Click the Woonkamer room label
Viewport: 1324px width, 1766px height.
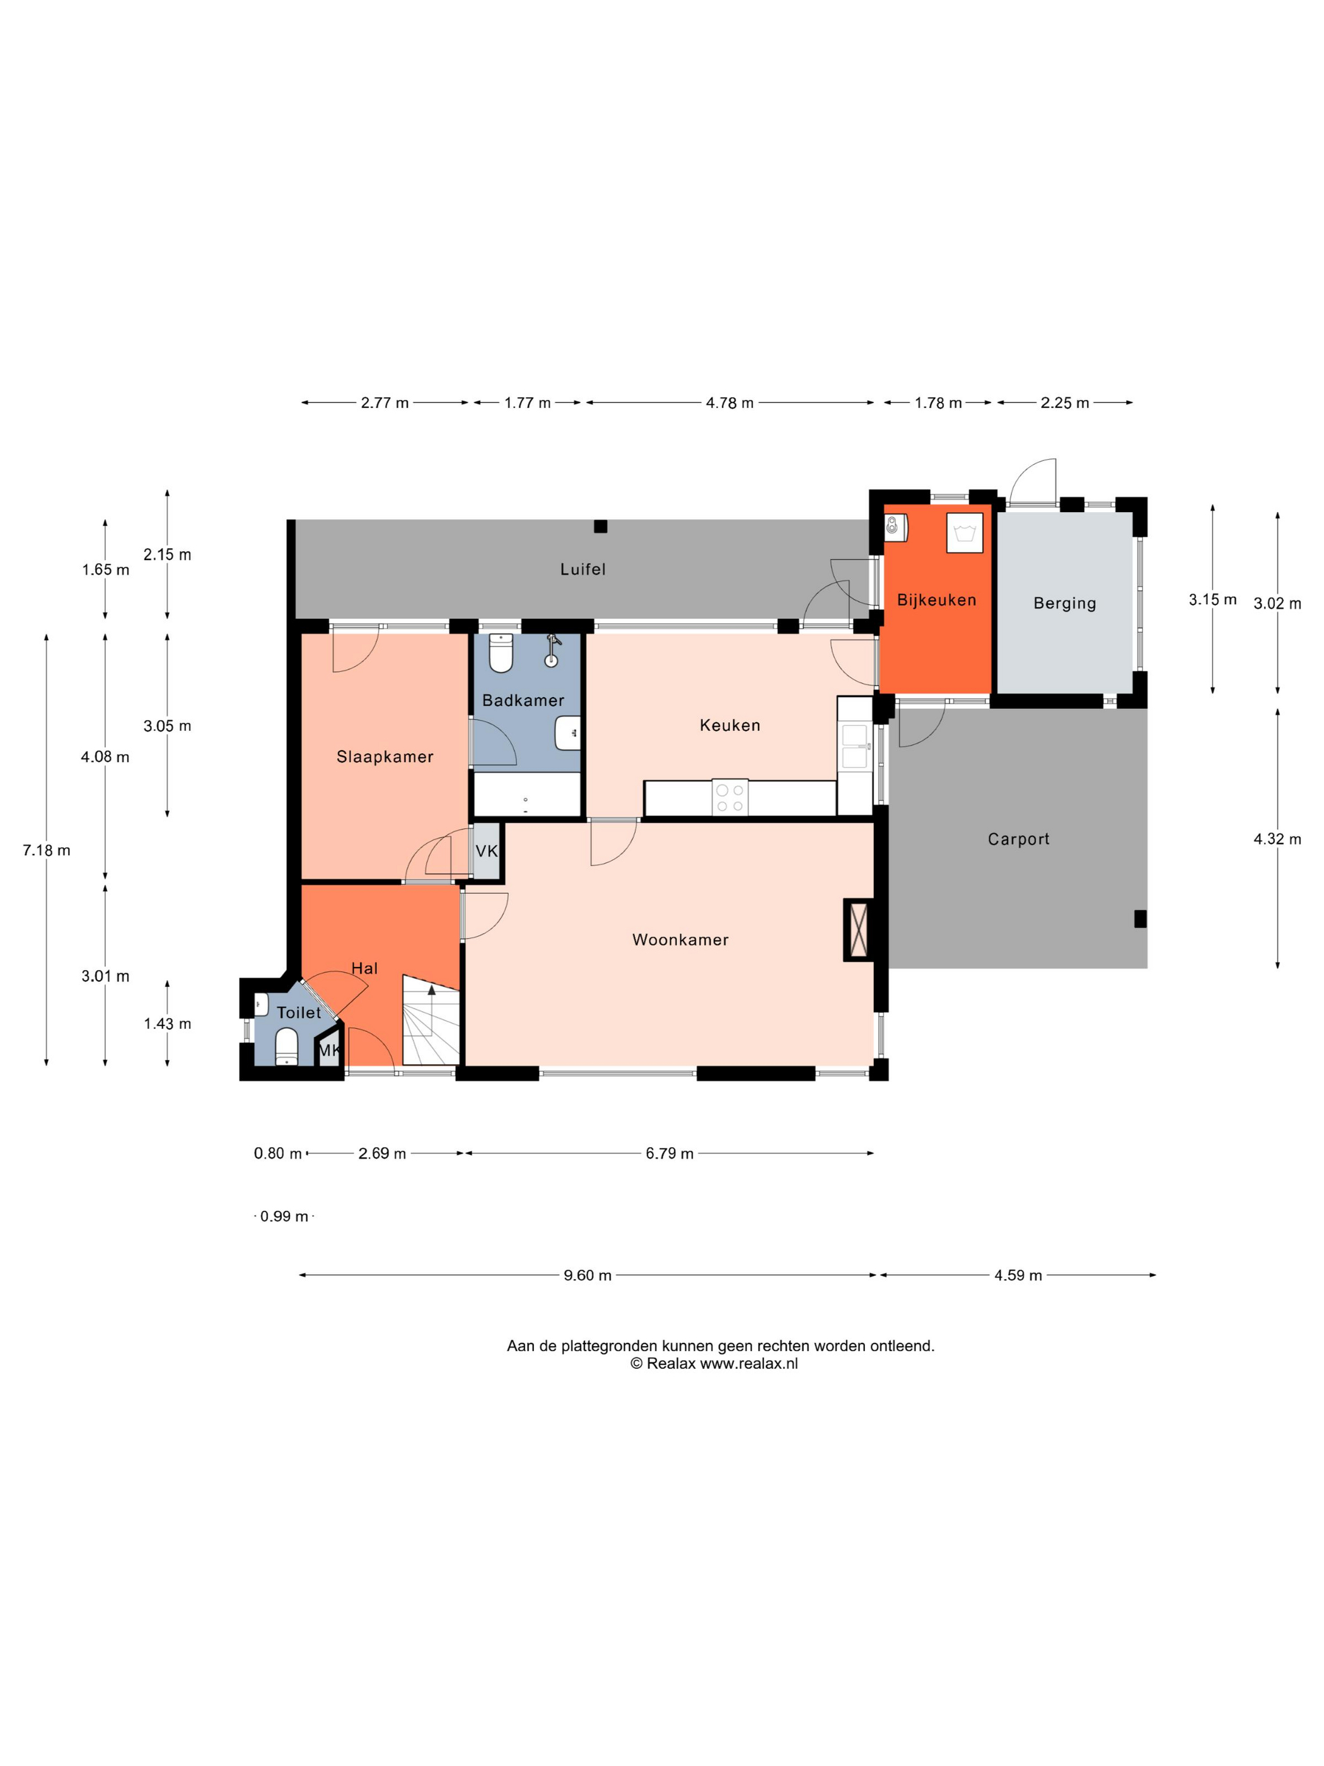680,940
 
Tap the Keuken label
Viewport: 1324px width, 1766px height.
729,725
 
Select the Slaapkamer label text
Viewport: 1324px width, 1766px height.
385,757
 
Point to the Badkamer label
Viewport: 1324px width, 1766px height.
523,700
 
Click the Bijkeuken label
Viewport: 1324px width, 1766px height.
936,600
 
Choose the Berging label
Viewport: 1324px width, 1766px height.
1065,604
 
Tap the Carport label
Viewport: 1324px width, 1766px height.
1018,839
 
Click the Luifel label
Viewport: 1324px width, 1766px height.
583,570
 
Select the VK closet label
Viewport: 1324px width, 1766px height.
487,851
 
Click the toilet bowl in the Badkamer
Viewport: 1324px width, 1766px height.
501,653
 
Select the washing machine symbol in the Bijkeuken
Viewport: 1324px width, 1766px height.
965,532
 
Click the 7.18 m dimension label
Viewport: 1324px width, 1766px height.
46,850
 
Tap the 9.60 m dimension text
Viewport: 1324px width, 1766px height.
588,1275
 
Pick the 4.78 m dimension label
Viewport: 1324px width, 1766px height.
729,403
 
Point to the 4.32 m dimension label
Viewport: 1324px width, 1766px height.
1277,839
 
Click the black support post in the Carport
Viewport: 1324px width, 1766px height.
1141,919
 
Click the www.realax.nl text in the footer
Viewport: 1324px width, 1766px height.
748,1364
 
